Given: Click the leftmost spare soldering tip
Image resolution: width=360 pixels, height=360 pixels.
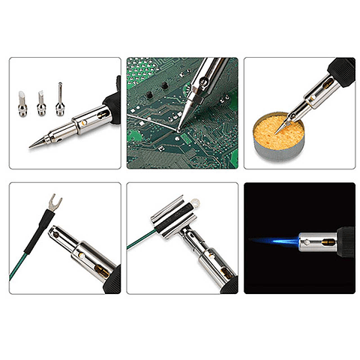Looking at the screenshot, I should click(23, 103).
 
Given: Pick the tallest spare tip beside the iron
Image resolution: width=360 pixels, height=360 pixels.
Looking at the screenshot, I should click(59, 98).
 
